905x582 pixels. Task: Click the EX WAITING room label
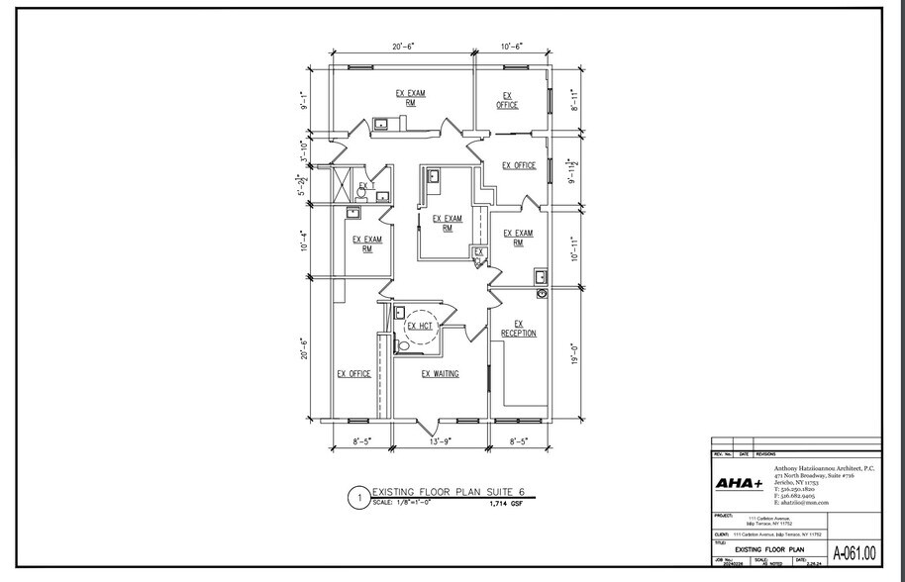[440, 374]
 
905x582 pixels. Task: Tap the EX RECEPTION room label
[519, 329]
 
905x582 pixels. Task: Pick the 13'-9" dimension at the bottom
[442, 441]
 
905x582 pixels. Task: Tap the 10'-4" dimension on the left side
[305, 240]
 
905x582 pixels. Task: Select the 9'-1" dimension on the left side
[305, 101]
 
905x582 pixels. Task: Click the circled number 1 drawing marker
[357, 499]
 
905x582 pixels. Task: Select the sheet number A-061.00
[854, 553]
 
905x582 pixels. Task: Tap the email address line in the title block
[802, 503]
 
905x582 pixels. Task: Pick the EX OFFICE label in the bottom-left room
[353, 374]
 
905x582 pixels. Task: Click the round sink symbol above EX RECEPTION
[542, 294]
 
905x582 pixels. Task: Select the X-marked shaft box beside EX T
[342, 185]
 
